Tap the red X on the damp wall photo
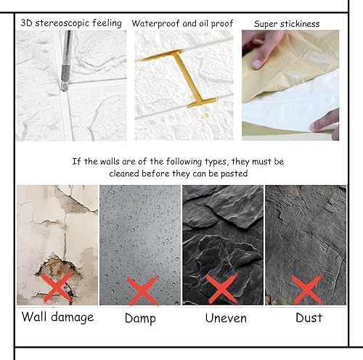coord(142,289)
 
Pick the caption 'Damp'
coord(140,317)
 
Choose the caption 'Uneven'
coord(225,317)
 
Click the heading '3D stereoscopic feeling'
coord(71,23)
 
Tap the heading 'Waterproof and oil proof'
coord(182,23)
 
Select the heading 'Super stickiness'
coord(287,24)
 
